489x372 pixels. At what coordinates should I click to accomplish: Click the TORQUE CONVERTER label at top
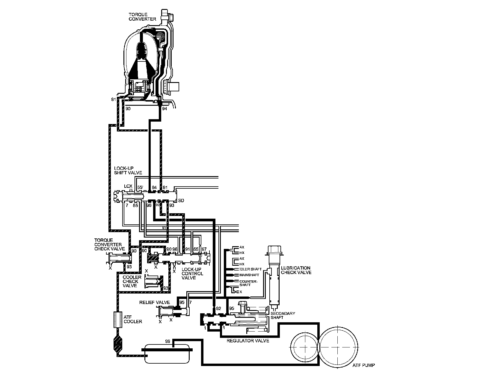pyautogui.click(x=142, y=16)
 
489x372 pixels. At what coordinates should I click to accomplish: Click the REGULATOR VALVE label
pyautogui.click(x=248, y=341)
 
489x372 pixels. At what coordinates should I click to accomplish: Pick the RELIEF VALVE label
pyautogui.click(x=154, y=302)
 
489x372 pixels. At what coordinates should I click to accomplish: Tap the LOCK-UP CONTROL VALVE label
pyautogui.click(x=192, y=273)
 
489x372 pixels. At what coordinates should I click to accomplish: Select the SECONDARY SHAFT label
pyautogui.click(x=279, y=315)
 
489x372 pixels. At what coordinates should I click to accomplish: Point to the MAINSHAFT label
pyautogui.click(x=247, y=275)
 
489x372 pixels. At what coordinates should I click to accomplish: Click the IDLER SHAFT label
pyautogui.click(x=250, y=269)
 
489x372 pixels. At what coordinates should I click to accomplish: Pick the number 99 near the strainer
pyautogui.click(x=167, y=341)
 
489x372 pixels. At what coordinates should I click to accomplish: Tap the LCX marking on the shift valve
pyautogui.click(x=128, y=186)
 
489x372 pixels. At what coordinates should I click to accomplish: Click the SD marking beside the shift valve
pyautogui.click(x=181, y=200)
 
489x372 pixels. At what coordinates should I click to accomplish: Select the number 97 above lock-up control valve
pyautogui.click(x=204, y=249)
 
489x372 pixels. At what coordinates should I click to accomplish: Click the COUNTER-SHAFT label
pyautogui.click(x=248, y=283)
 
